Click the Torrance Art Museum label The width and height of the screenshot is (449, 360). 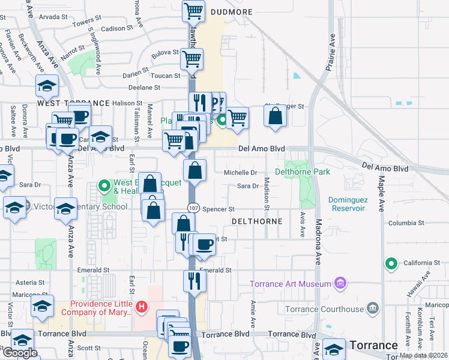[x=291, y=283]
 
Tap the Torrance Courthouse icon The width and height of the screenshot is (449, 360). [x=373, y=309]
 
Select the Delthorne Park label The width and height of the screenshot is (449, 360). [x=303, y=172]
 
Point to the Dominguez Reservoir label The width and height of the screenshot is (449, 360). [x=346, y=204]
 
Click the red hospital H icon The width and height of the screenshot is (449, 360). [x=142, y=308]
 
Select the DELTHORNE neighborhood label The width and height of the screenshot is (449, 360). [x=257, y=221]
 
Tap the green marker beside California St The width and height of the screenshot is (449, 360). [x=391, y=263]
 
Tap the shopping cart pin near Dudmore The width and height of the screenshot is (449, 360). [x=194, y=11]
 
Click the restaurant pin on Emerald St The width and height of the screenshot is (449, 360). [x=194, y=280]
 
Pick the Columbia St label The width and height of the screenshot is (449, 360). [x=406, y=223]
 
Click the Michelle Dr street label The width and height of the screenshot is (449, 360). [x=241, y=172]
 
